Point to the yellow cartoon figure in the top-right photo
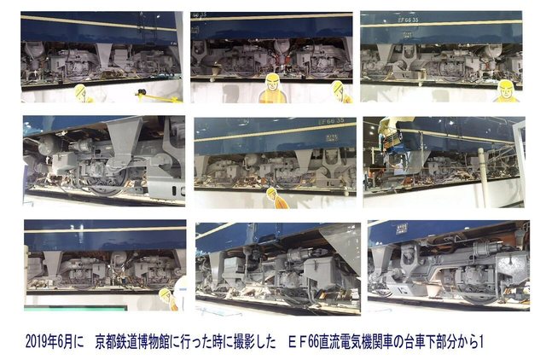coord(506,90)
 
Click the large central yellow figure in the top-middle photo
coord(271,88)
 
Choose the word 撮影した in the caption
coord(253,340)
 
